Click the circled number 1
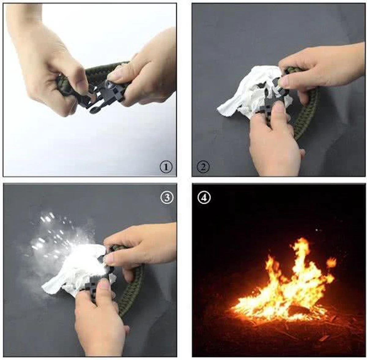tap(166, 167)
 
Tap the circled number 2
tap(203, 167)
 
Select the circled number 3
tap(167, 198)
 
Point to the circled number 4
tap(204, 198)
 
